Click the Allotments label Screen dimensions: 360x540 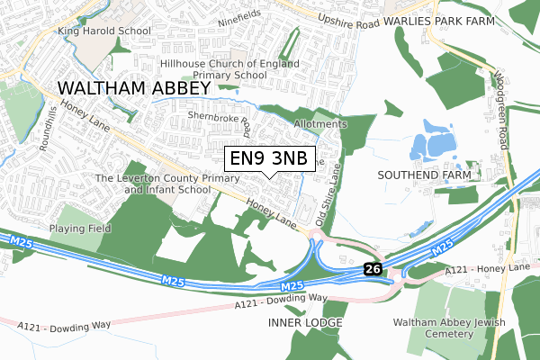[x=319, y=123]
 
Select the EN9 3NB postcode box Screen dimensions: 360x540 [x=268, y=159]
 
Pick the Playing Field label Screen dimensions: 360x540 [x=80, y=229]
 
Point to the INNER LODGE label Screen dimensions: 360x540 [x=305, y=322]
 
